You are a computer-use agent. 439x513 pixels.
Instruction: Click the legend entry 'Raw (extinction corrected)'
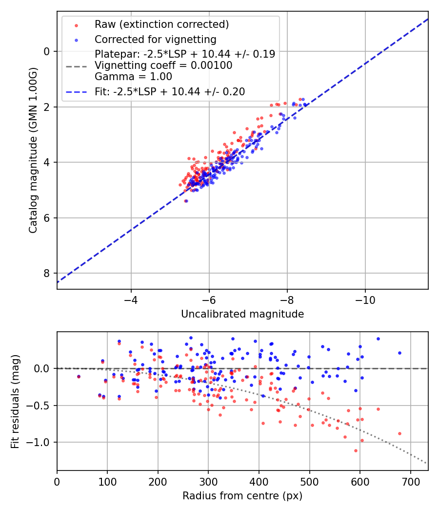[161, 24]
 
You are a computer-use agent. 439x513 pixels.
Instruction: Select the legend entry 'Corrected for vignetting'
[155, 39]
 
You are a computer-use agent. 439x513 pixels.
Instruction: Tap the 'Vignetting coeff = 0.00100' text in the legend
[163, 65]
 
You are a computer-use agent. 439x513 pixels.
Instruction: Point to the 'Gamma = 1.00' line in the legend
[133, 77]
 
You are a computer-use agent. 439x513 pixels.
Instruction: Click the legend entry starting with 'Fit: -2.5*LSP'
[170, 91]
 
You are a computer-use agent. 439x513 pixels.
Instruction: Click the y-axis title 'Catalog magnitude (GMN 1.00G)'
[33, 150]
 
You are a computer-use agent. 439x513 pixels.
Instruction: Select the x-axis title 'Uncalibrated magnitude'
[242, 314]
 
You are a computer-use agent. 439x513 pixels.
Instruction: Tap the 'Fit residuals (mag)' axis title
[15, 401]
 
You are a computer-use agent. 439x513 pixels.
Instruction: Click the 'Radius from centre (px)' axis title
[242, 496]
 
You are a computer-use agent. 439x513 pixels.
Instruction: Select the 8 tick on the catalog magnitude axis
[47, 273]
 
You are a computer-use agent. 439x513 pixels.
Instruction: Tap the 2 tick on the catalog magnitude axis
[47, 107]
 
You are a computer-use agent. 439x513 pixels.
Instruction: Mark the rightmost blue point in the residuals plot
[399, 353]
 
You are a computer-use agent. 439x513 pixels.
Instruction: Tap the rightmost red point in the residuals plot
[399, 433]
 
